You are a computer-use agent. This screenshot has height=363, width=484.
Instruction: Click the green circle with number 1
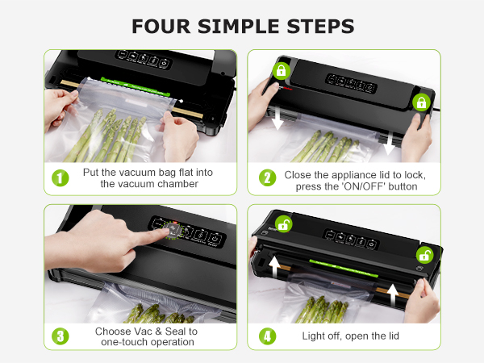click(x=60, y=177)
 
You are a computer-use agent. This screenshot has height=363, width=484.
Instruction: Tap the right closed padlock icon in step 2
click(x=419, y=102)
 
